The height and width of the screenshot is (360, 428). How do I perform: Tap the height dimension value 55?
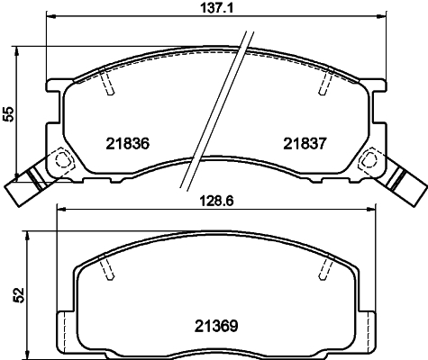(x=8, y=113)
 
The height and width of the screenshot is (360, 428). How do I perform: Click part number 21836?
(x=126, y=142)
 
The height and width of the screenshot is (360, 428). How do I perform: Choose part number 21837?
(x=305, y=142)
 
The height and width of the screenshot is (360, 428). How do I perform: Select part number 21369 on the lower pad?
(x=216, y=326)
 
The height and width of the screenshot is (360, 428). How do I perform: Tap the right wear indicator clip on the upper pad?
(x=403, y=183)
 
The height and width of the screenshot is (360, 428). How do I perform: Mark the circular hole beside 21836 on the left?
(x=63, y=161)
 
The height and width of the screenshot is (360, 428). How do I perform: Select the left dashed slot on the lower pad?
(x=107, y=267)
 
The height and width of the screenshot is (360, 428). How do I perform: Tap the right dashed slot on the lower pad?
(x=322, y=267)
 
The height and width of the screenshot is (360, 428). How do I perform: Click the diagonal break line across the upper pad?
(x=217, y=108)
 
